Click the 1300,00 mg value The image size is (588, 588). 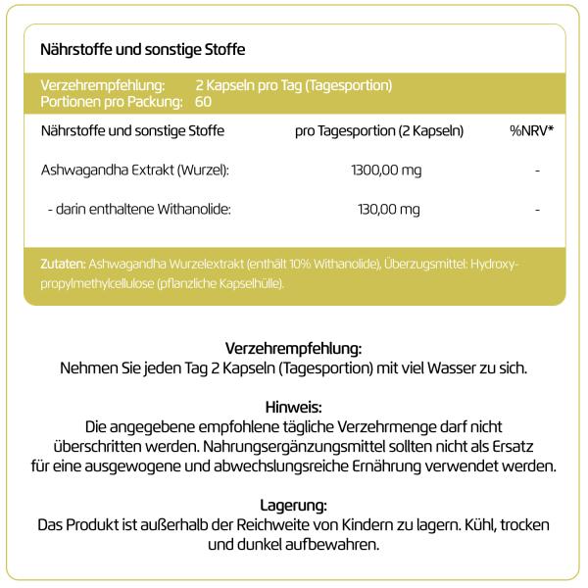386,171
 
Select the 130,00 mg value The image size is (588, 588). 389,209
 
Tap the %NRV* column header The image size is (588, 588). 531,130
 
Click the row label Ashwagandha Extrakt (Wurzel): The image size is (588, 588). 135,171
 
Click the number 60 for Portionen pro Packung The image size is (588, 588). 204,101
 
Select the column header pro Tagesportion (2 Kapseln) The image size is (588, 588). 379,130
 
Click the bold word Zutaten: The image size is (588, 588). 63,264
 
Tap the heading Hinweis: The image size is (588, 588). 294,406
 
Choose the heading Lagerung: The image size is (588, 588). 294,505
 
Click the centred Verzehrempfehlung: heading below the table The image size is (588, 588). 294,348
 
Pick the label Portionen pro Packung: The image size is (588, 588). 112,101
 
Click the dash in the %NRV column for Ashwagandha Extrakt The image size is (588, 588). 538,171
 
